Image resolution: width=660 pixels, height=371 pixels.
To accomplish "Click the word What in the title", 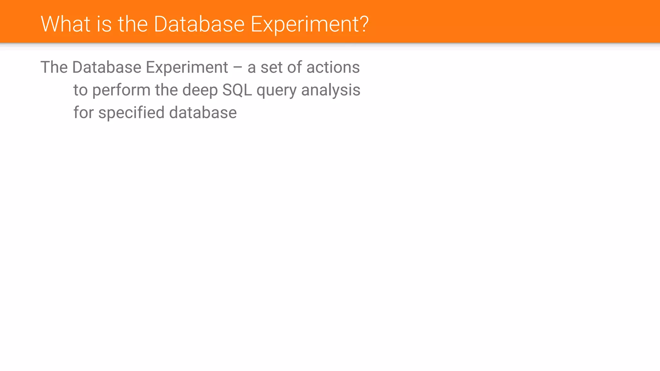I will (x=65, y=24).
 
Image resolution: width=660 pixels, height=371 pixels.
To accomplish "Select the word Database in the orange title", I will (x=199, y=24).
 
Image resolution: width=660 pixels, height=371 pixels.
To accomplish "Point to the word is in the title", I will (x=104, y=24).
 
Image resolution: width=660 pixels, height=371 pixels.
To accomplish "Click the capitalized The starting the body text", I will (x=54, y=67).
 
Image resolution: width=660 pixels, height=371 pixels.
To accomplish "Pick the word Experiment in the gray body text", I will (x=187, y=67).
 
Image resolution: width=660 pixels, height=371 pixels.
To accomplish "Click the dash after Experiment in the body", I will (x=238, y=68).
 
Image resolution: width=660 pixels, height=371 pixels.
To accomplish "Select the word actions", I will (x=333, y=67).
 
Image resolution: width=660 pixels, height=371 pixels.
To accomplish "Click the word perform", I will (x=121, y=90).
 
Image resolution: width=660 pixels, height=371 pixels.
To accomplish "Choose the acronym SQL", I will (x=237, y=90).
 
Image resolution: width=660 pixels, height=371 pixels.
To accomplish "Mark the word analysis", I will (x=331, y=90).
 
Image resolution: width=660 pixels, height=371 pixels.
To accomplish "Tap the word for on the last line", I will (x=83, y=113).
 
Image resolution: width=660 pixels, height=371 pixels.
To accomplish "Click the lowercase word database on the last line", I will (x=203, y=113).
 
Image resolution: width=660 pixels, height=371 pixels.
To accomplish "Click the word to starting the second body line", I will (x=80, y=90).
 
